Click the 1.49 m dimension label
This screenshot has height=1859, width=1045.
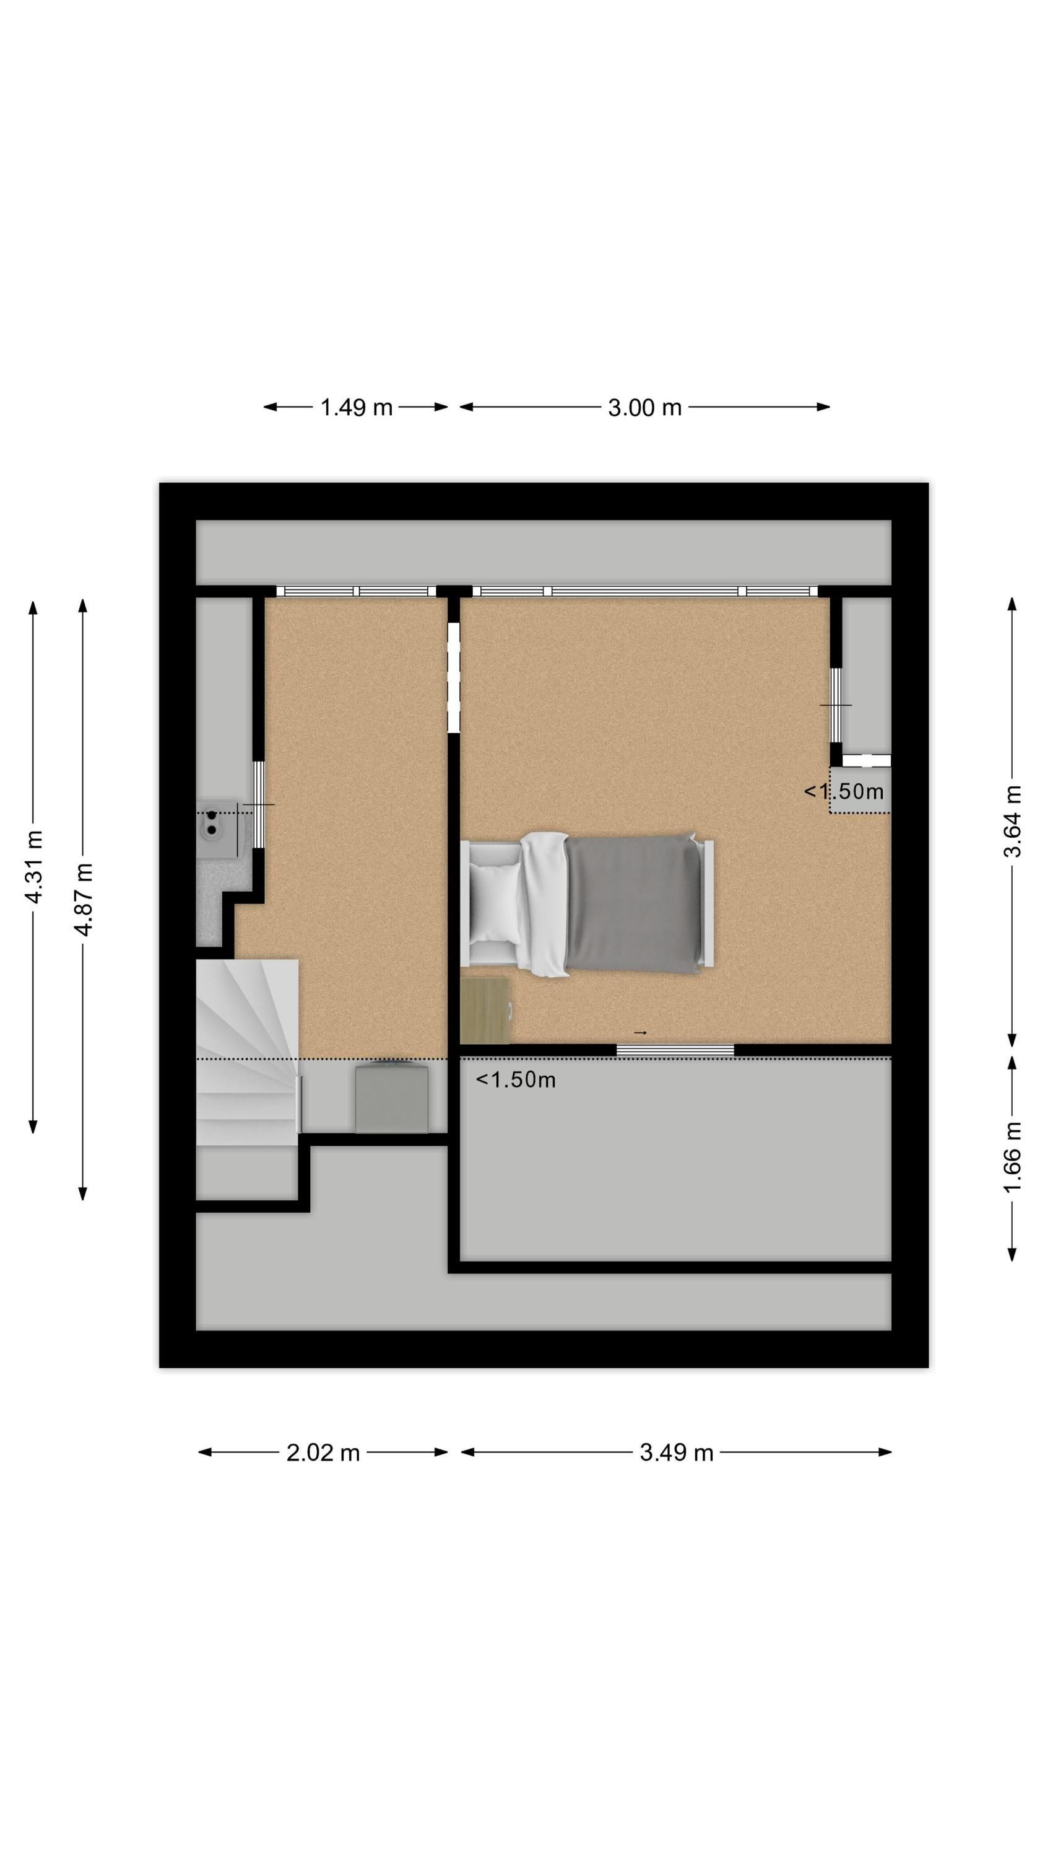point(355,408)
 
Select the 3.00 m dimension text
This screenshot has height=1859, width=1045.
point(644,408)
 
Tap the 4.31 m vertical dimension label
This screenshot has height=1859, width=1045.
point(34,866)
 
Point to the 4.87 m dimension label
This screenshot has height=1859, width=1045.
point(84,899)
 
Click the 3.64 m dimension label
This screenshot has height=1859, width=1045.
point(1013,820)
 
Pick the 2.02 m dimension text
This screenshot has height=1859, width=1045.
point(323,1452)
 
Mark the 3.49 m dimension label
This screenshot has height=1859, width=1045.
point(676,1452)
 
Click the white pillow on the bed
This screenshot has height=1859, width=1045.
point(495,902)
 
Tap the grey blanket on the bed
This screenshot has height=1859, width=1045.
point(633,903)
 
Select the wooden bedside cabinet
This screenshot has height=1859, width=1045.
point(485,1010)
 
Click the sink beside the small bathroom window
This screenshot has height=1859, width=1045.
point(217,828)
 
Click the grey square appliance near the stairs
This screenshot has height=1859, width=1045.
point(392,1096)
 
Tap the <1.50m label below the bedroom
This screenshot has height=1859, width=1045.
point(516,1079)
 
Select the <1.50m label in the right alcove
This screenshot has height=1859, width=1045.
point(844,792)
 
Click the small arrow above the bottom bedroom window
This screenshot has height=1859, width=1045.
point(640,1033)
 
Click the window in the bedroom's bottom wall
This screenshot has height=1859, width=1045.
point(675,1050)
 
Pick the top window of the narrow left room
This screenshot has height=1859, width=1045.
point(356,591)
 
